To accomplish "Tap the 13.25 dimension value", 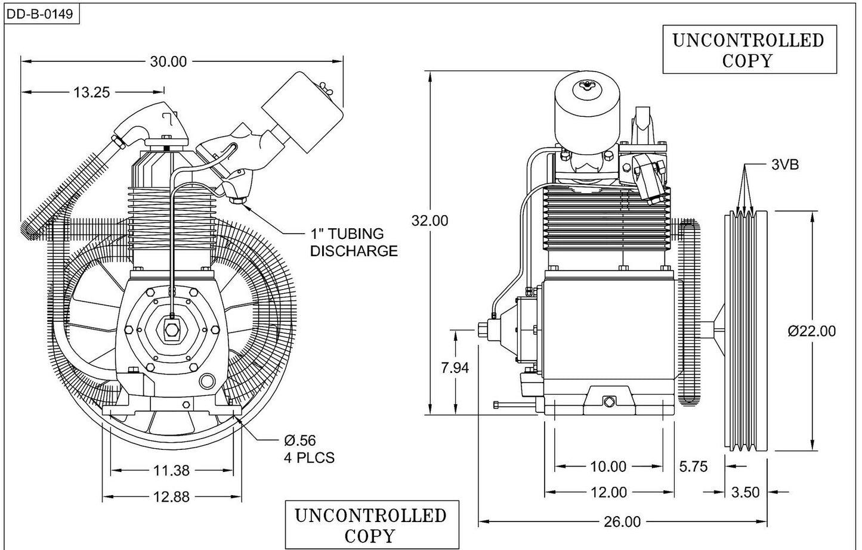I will click(x=91, y=92).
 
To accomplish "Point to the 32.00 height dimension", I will click(x=430, y=220).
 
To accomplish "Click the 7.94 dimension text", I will click(x=455, y=368).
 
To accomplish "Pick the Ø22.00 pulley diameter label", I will click(x=811, y=331).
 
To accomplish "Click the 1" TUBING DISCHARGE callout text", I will click(x=353, y=243).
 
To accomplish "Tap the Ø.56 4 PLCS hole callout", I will click(x=308, y=449).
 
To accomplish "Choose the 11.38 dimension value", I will click(x=171, y=471).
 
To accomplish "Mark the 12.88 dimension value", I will click(x=171, y=496).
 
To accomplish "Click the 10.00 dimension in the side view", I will click(x=608, y=467).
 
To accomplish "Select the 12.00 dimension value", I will click(x=608, y=492).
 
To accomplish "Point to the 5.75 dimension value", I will click(x=693, y=467).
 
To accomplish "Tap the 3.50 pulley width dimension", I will click(x=745, y=492).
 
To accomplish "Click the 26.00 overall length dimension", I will click(x=622, y=522).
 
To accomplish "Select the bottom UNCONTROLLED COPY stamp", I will click(x=370, y=525).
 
